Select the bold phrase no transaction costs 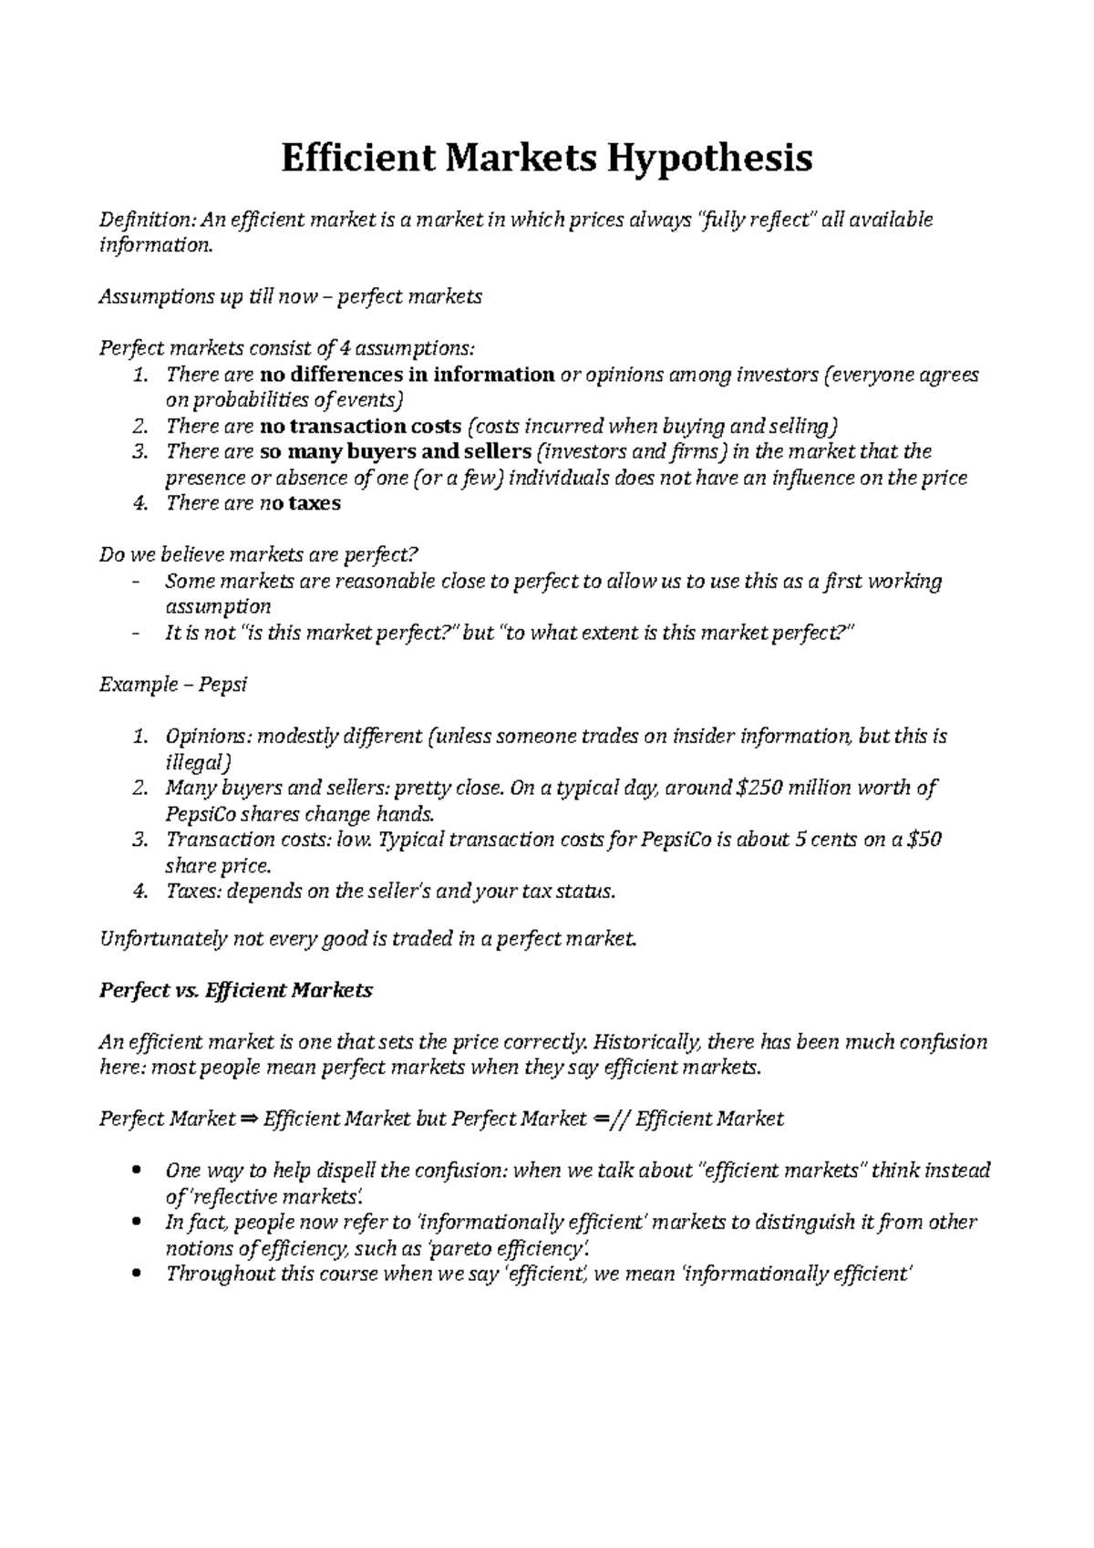(360, 426)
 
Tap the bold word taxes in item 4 (314, 503)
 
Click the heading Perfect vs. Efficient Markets (235, 990)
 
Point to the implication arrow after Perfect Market (249, 1119)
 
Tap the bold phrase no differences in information (408, 375)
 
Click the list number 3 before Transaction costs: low (139, 840)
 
